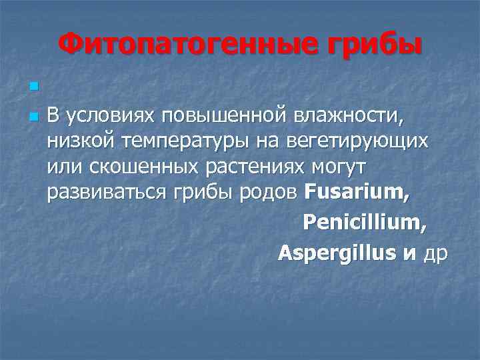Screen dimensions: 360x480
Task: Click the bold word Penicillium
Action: [x=363, y=222]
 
